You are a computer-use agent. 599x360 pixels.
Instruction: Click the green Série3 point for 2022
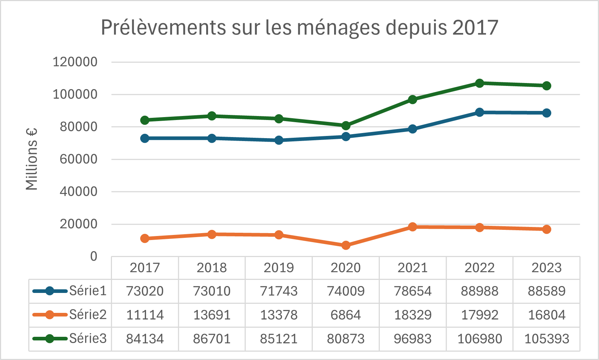click(x=479, y=83)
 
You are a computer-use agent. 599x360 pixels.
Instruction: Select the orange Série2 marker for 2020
click(x=346, y=245)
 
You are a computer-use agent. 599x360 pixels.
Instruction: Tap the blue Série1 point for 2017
click(x=145, y=138)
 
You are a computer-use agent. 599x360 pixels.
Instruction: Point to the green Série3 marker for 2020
click(x=346, y=125)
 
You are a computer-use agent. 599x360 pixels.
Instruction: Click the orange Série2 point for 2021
click(x=413, y=227)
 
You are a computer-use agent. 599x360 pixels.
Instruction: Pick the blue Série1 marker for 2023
click(x=546, y=113)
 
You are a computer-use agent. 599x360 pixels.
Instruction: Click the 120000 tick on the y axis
click(x=75, y=62)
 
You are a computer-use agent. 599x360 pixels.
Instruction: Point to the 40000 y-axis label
click(x=78, y=192)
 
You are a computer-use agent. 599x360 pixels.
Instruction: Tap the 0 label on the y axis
click(x=93, y=256)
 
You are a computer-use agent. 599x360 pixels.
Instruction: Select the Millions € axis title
click(x=32, y=159)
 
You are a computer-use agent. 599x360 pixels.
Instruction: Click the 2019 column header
click(x=279, y=268)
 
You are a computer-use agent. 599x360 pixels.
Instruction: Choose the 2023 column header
click(x=546, y=268)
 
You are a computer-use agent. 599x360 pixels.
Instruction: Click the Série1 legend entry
click(x=70, y=291)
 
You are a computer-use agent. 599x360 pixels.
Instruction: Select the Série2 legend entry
click(x=70, y=315)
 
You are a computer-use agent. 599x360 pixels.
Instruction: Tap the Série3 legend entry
click(x=70, y=338)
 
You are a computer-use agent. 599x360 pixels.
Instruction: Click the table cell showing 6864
click(x=346, y=315)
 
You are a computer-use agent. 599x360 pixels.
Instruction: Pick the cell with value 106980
click(x=480, y=339)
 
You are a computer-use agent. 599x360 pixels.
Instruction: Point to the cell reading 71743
click(x=279, y=291)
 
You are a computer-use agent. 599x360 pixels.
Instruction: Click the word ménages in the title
click(x=338, y=28)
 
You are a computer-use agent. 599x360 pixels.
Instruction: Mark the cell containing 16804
click(x=546, y=315)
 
